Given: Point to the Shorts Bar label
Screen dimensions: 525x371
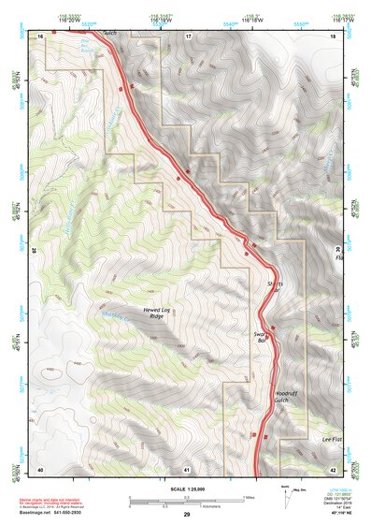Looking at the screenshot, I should (275, 284).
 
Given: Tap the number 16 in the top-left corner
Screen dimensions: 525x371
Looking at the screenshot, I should (41, 35).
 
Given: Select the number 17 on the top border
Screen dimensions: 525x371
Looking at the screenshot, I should (187, 35).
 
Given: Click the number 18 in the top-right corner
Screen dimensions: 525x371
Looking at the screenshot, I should (334, 35).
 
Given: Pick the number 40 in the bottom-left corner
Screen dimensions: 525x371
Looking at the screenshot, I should (40, 468).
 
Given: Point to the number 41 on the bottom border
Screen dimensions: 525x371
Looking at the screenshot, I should (187, 468).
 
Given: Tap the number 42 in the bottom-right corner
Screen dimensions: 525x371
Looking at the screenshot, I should (333, 468).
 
